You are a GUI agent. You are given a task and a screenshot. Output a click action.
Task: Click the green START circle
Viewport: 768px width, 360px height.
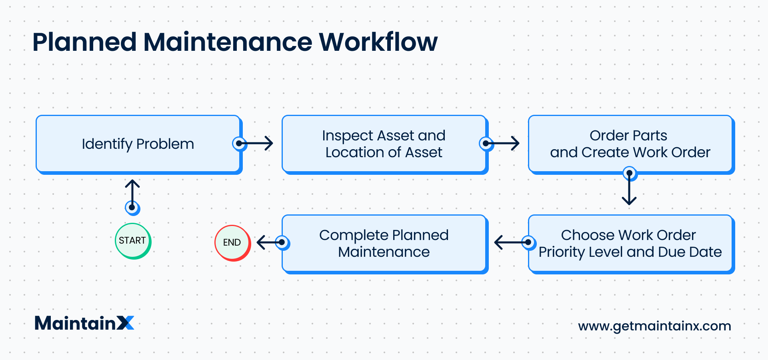[132, 241]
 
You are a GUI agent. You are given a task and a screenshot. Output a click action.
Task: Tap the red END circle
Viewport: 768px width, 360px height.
[232, 242]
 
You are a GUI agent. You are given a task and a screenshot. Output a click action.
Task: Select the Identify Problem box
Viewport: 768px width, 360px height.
[138, 144]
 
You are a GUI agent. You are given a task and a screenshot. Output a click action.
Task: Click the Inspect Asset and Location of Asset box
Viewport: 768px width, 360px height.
[384, 144]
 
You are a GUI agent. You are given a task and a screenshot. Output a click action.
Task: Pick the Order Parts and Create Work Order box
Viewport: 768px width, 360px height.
[630, 144]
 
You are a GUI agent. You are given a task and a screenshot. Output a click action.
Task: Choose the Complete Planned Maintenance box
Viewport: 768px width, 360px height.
[384, 243]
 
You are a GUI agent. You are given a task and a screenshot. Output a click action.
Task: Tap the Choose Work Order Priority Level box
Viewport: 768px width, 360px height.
[630, 243]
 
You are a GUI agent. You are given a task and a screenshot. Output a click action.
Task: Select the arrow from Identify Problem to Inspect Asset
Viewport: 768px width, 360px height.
[256, 143]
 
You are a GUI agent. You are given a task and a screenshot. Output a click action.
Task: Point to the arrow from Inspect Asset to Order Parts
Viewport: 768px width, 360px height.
[502, 143]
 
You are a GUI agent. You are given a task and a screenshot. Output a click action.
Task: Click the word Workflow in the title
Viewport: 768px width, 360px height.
[378, 42]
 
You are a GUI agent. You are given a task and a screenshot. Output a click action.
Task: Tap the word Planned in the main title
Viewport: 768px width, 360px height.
[84, 42]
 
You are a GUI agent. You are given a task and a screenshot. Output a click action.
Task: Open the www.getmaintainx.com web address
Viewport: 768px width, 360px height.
[654, 326]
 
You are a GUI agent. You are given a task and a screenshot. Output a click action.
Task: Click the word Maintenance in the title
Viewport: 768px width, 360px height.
[228, 42]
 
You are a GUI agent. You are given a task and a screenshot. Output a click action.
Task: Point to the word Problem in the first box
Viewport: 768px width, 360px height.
[165, 144]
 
